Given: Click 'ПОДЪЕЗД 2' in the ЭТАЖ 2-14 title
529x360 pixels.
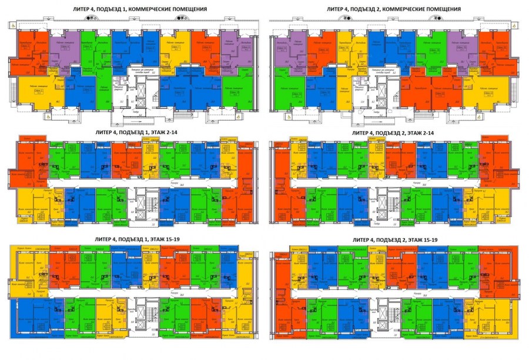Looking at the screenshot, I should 387,134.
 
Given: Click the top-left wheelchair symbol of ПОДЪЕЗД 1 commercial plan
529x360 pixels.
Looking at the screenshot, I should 12,25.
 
